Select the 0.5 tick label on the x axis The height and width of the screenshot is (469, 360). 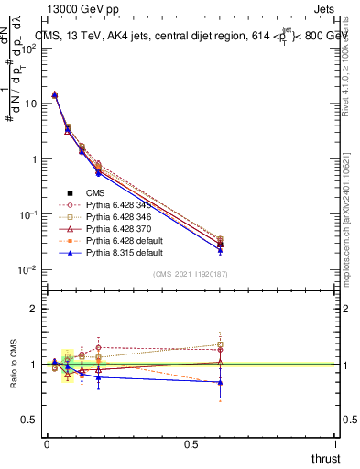[191, 445]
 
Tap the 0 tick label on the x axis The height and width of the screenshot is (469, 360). [47, 445]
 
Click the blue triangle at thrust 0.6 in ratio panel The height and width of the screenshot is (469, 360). [220, 382]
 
